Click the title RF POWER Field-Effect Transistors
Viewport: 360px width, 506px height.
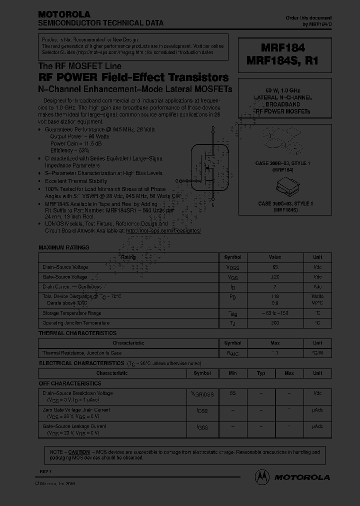point(133,77)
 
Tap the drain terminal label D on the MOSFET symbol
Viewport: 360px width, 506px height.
point(213,128)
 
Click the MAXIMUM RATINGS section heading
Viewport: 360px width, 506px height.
point(64,247)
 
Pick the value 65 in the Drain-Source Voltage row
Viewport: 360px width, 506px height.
point(275,267)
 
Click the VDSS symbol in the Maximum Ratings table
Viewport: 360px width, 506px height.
point(232,267)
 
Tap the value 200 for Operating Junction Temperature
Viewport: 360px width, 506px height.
point(275,323)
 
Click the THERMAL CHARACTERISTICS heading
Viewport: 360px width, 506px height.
point(77,333)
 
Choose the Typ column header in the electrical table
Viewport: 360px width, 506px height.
point(260,373)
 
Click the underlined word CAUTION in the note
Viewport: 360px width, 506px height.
point(79,451)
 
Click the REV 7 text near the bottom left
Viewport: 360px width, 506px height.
point(46,472)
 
